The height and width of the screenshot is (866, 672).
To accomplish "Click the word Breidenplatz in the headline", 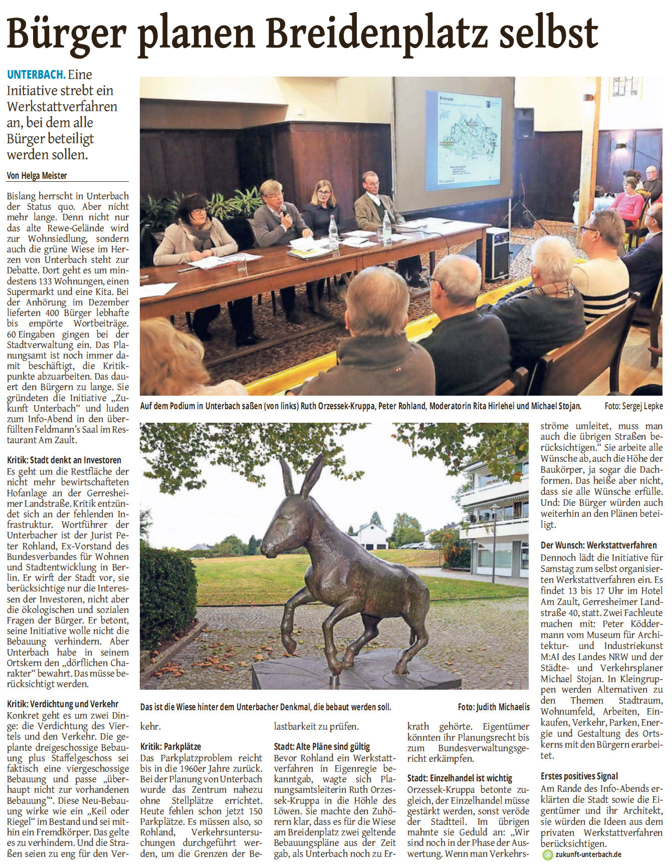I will (x=376, y=33).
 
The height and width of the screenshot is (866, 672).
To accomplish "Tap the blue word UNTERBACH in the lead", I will (x=36, y=75).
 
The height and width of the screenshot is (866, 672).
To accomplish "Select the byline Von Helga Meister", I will (x=37, y=175).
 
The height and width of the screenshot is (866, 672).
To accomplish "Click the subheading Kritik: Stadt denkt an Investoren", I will (x=64, y=460).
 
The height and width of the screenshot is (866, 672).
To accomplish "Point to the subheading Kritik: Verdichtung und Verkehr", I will (x=63, y=704).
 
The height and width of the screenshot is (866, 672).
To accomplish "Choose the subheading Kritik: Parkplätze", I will (x=170, y=746).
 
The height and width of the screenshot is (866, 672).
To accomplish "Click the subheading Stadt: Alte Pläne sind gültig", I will (x=322, y=746).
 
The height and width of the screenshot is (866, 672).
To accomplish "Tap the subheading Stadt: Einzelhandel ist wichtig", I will (x=460, y=778).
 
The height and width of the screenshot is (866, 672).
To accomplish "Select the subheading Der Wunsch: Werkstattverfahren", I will (x=598, y=545).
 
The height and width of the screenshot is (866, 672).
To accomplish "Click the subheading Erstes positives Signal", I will (x=579, y=776).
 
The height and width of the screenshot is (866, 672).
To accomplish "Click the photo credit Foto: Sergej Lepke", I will (x=633, y=406).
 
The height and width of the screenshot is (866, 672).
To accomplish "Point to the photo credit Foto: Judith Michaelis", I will (x=493, y=707).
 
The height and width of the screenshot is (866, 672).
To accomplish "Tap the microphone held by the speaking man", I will (x=284, y=209).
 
